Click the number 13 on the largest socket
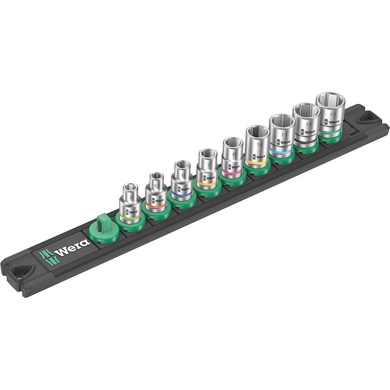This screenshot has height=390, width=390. click(x=332, y=114)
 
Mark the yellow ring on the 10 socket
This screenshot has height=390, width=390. click(x=257, y=162)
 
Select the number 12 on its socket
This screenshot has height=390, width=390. click(x=309, y=124)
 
